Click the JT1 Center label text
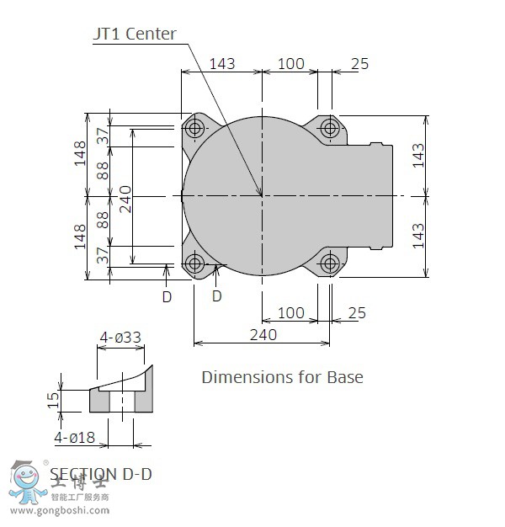tap(134, 35)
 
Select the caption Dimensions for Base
tap(282, 376)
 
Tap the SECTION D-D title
tap(101, 474)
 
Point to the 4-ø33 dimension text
tap(120, 338)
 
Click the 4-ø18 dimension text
tap(75, 438)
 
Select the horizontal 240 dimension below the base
tap(263, 334)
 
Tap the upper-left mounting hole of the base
tap(196, 129)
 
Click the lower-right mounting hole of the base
tap(330, 263)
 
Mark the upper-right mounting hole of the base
tap(330, 129)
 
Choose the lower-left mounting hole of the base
tap(196, 263)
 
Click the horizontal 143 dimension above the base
tap(221, 64)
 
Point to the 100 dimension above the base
tap(290, 64)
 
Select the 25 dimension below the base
tap(356, 313)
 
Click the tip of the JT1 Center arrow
tap(262, 195)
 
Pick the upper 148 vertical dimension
tap(80, 154)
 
